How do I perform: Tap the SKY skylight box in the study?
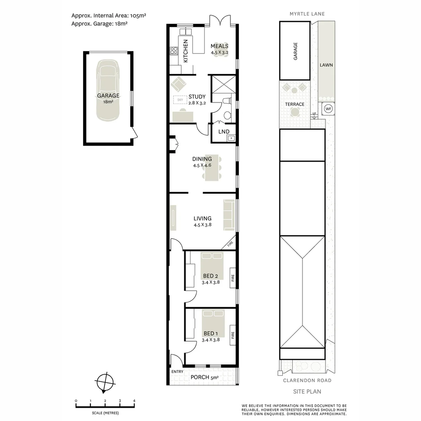tap(180, 100)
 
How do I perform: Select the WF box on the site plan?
tap(328, 109)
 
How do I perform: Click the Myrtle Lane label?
tap(307, 14)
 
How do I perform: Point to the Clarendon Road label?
tap(307, 380)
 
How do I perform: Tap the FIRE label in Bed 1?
tap(233, 335)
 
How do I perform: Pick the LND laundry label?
tap(224, 132)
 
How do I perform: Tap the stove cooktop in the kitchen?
tap(174, 51)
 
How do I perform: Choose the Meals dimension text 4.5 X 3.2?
tap(219, 52)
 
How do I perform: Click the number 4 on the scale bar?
tap(134, 401)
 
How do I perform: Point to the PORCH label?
tap(200, 377)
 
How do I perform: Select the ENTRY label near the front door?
tap(177, 371)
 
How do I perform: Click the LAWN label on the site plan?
tap(326, 65)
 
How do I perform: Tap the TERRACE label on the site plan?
tap(294, 104)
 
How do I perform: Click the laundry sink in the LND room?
tap(231, 138)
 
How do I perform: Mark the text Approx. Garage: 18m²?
tap(100, 23)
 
